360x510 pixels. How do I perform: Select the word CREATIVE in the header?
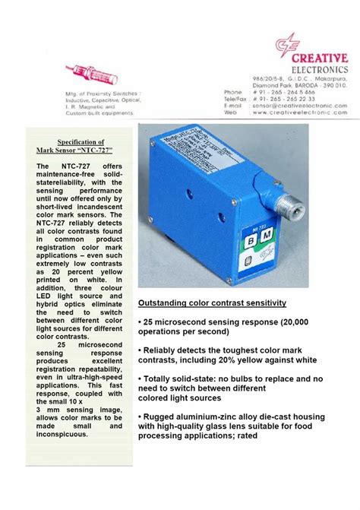coord(318,59)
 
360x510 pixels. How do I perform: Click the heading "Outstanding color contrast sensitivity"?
coord(212,303)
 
